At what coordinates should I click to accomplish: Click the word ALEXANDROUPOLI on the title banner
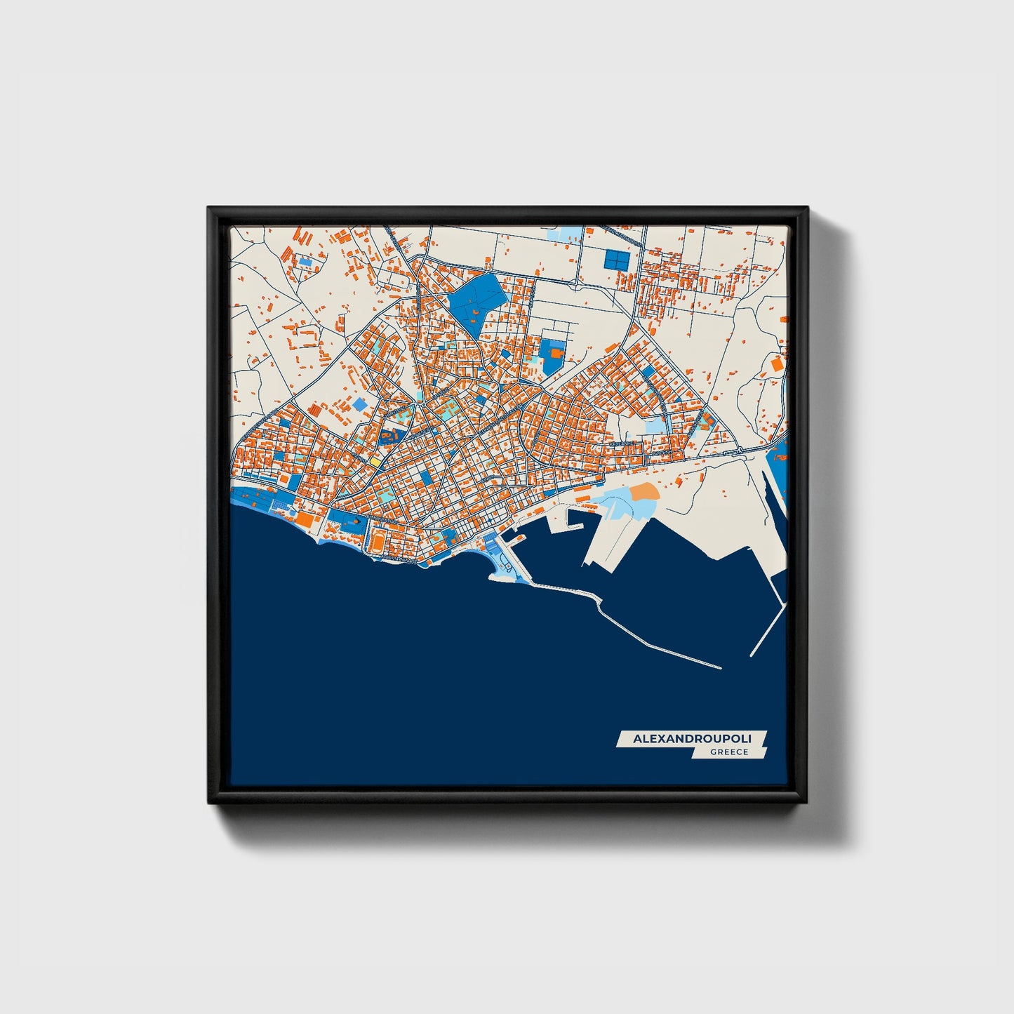691,739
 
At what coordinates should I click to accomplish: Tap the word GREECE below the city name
729,752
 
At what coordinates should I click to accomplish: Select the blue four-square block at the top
615,260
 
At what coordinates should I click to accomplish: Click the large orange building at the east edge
778,364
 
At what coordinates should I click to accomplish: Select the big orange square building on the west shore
304,519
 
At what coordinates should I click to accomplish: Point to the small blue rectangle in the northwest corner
305,261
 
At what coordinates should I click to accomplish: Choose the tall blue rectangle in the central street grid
426,478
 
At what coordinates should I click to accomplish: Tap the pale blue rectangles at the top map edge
570,233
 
